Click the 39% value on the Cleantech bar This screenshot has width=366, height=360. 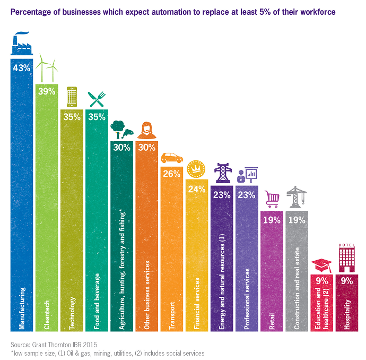click(47, 91)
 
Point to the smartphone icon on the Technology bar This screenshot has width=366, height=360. click(72, 98)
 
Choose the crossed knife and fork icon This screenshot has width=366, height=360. click(97, 98)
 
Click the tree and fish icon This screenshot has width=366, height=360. click(121, 129)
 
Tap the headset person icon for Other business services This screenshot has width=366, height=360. click(146, 130)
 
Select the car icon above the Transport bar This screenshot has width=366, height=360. click(171, 158)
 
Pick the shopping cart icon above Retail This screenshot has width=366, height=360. click(272, 199)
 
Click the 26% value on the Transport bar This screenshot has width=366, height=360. click(171, 173)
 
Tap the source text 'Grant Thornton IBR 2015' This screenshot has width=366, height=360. click(66, 344)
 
